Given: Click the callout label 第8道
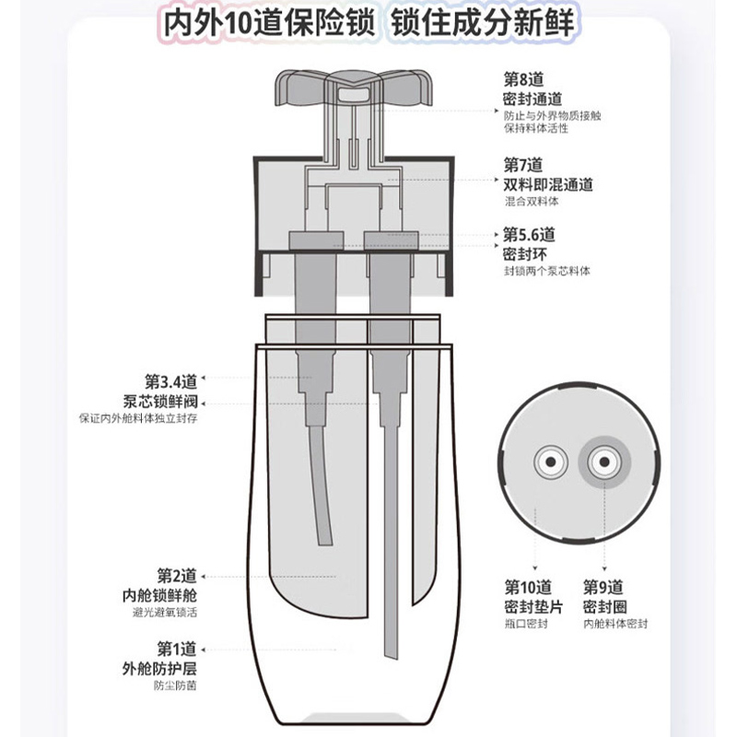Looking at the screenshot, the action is (523, 79).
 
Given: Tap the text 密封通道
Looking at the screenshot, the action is (532, 99).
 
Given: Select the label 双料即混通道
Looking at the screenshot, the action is (547, 185).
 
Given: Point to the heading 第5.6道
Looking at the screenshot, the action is (529, 235).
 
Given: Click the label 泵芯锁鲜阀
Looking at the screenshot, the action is (159, 403).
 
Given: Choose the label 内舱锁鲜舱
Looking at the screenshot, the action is (159, 595).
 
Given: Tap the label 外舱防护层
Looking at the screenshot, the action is (159, 669).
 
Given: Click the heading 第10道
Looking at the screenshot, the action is (528, 588).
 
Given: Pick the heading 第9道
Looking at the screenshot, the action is (603, 588).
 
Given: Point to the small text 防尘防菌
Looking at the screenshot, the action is (175, 685).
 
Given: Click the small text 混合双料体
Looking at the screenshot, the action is (532, 202).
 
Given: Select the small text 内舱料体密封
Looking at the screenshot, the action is (615, 624).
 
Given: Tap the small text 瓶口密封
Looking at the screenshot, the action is (526, 624).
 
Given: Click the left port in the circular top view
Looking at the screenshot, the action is (550, 462).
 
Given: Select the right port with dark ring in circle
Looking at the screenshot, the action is (604, 462).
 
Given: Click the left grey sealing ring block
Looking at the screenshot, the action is (316, 240).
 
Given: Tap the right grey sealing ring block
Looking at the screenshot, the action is (391, 240).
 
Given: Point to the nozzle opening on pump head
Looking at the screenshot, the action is (354, 94).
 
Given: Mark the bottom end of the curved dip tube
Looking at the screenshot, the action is (325, 544).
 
